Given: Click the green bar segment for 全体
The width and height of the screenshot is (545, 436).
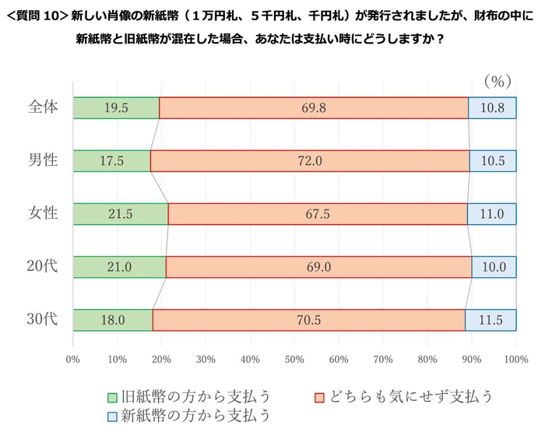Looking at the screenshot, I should point(116,108).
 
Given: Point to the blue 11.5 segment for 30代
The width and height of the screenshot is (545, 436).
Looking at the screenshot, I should point(490,320).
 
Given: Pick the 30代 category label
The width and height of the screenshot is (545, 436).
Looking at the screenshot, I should point(43,320).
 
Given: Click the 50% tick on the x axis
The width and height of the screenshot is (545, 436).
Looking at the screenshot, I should point(294,359).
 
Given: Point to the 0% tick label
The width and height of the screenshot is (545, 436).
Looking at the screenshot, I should point(73,359).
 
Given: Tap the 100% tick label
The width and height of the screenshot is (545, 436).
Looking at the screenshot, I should point(515,359).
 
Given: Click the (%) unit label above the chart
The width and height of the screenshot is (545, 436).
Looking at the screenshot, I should point(495,80).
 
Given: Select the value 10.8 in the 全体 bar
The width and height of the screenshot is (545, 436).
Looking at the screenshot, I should point(490,108).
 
